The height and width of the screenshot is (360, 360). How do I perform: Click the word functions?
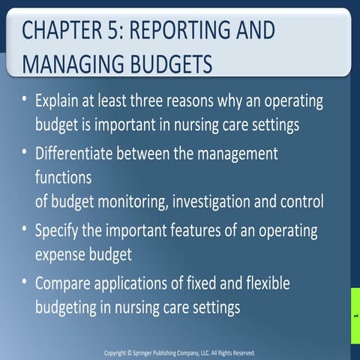[63, 178]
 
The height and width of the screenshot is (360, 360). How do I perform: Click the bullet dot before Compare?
[27, 283]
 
